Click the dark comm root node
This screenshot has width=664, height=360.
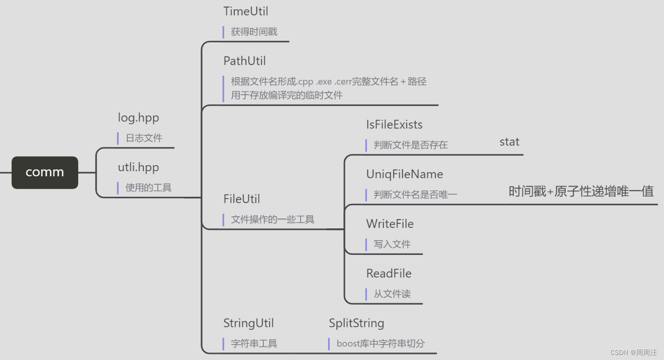(45, 172)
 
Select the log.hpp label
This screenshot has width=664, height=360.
(138, 118)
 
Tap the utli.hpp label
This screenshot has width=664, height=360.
(138, 167)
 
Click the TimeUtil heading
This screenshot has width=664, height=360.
(246, 11)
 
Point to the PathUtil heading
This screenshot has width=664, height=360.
(244, 61)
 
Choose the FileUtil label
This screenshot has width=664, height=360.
(241, 199)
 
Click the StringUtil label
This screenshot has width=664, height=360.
(248, 323)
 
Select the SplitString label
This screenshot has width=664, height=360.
(356, 323)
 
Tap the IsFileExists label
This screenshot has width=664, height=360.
(394, 125)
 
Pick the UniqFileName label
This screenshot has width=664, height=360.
(404, 174)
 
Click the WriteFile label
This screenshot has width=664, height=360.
(389, 224)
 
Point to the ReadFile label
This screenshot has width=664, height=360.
(389, 273)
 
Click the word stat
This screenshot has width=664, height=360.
(509, 142)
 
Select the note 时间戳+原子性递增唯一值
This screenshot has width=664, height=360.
(581, 191)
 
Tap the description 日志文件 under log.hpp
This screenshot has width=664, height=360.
(144, 138)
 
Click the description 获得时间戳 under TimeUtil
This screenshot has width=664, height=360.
(254, 32)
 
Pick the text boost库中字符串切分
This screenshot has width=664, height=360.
(380, 344)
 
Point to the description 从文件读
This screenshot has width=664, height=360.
(392, 294)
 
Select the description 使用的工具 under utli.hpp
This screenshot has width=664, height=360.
(148, 188)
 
